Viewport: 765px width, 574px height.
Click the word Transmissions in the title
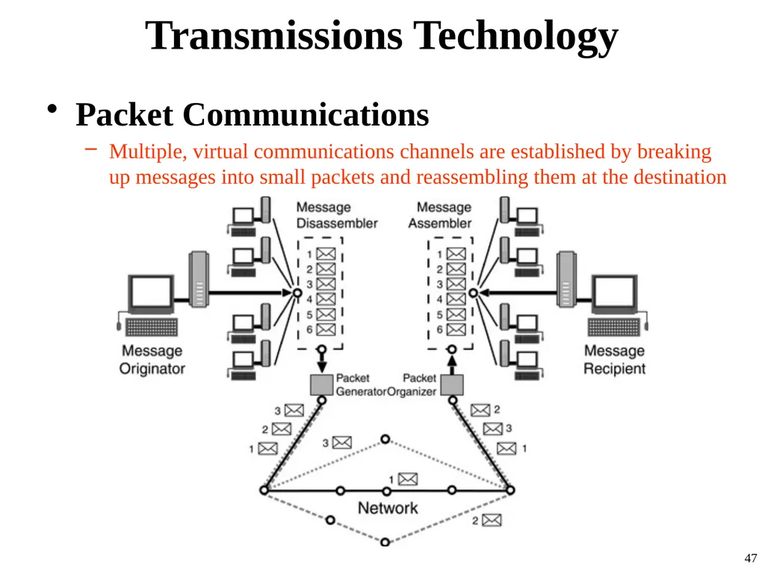pos(273,36)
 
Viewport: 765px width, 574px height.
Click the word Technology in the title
pos(515,37)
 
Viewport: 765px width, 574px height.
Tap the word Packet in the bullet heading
pos(125,114)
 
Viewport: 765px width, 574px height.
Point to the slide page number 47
pos(750,558)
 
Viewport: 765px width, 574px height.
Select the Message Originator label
pos(152,359)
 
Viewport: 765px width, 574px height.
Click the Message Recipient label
pos(614,359)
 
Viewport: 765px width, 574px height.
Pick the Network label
pos(388,508)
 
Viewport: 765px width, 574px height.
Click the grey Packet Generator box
pos(322,385)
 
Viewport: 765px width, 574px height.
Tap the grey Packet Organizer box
pos(452,385)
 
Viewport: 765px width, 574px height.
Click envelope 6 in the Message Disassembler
pos(326,330)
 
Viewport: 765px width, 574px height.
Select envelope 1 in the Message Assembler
pos(456,254)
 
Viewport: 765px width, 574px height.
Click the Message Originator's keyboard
pos(151,327)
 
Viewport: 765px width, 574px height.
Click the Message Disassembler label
pos(337,215)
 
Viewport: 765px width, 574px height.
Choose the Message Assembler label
pos(440,215)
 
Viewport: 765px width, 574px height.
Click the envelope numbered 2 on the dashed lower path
pos(492,520)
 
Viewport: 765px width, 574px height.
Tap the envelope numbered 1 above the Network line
pos(408,479)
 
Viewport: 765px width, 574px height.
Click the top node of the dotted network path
pos(385,439)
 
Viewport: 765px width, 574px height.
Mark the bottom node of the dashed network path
pos(385,543)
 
